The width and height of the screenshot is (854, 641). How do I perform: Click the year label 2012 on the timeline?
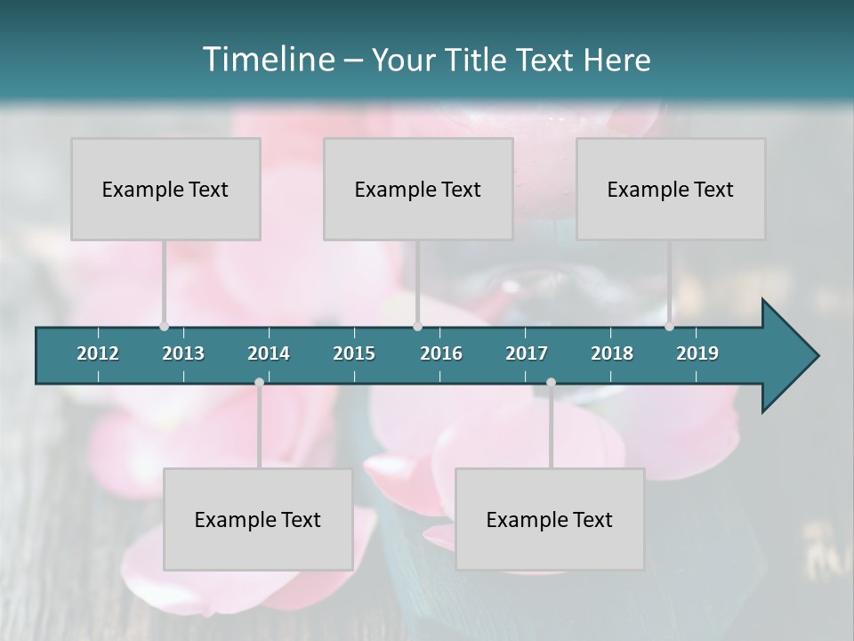[98, 353]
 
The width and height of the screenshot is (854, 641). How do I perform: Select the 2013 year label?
[183, 353]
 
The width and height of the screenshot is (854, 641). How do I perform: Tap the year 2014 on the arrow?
[269, 353]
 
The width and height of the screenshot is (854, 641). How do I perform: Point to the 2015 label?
[354, 353]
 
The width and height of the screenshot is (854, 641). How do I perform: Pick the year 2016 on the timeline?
[441, 353]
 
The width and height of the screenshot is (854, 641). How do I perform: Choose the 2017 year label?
[527, 353]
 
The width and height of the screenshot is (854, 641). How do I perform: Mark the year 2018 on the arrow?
[612, 353]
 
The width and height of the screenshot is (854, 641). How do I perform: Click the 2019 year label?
[697, 353]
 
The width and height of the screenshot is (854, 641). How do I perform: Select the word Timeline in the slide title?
[267, 60]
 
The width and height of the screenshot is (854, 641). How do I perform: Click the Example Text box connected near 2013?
[165, 190]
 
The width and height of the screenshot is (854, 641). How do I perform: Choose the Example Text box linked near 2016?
[418, 190]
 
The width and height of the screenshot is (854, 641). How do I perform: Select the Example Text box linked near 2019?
[671, 190]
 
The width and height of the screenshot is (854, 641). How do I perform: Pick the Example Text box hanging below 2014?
[258, 520]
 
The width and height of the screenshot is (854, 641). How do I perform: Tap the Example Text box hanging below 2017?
[550, 520]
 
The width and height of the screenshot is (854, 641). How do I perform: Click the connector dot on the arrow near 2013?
[164, 326]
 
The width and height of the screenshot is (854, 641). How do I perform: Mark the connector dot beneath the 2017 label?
[551, 383]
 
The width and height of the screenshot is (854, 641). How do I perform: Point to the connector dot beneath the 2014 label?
[259, 383]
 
